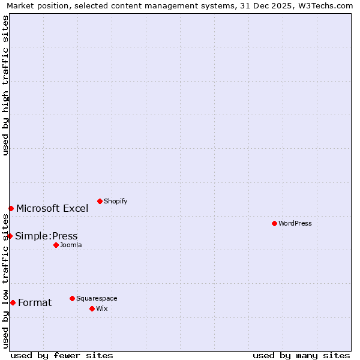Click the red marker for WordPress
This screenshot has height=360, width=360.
tap(274, 223)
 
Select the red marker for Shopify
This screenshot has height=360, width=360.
tap(100, 201)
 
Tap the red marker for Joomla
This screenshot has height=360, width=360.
tap(56, 245)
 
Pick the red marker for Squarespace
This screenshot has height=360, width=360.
tap(72, 298)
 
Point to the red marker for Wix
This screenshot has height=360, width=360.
tap(92, 308)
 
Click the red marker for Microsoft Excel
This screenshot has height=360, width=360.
tap(11, 208)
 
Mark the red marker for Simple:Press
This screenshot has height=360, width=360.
tap(10, 236)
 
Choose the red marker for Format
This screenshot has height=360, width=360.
tap(13, 302)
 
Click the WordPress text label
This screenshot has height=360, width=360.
tap(295, 223)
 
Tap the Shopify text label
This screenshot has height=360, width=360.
tap(115, 201)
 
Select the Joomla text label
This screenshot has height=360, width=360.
tap(71, 245)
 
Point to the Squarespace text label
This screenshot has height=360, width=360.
tap(97, 298)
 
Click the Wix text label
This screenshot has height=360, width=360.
tap(101, 308)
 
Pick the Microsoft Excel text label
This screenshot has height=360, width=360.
tap(52, 208)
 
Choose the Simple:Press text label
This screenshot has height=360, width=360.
tap(46, 236)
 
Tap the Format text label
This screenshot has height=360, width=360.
tap(35, 302)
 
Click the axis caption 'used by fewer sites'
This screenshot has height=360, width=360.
tap(62, 355)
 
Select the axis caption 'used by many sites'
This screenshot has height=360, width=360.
tap(301, 355)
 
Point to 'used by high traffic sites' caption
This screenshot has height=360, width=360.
tap(5, 85)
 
